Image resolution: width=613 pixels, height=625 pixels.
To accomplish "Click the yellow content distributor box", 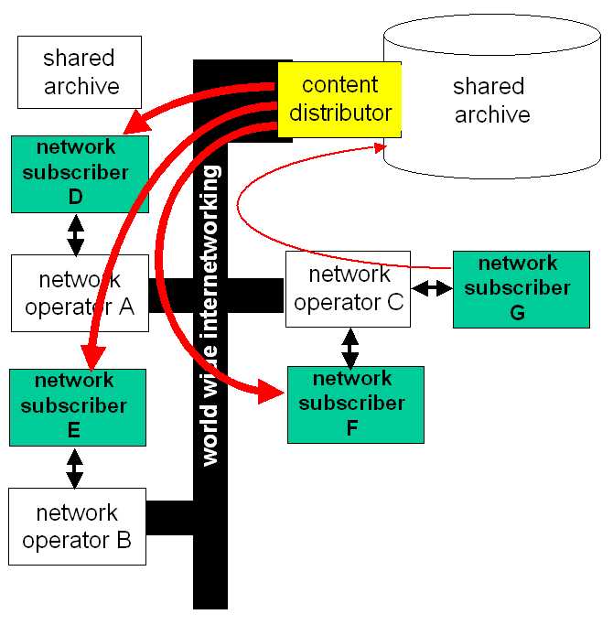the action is (339, 100).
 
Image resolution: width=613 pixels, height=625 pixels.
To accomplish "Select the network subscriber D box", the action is (80, 174).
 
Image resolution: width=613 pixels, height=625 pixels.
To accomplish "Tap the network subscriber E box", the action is (78, 407).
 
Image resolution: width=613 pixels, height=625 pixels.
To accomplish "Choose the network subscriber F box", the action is (356, 404).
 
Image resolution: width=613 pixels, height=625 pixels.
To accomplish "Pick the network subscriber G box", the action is (522, 289).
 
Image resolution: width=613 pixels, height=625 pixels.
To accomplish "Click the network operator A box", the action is (80, 294).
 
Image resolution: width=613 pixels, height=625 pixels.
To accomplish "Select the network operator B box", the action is (78, 526).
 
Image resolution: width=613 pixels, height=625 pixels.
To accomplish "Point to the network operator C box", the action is (348, 289).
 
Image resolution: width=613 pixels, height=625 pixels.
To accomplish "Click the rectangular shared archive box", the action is (80, 72).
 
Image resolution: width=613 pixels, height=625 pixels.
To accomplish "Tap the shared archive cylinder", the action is (492, 96).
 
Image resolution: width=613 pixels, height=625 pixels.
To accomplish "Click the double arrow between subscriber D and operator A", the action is (75, 235).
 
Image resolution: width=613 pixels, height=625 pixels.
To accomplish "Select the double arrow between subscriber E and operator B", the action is (74, 469).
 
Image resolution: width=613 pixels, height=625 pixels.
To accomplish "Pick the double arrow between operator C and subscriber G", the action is (432, 288).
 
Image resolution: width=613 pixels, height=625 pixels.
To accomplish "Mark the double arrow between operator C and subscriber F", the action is (350, 348).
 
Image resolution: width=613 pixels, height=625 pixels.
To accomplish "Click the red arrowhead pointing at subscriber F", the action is (271, 392).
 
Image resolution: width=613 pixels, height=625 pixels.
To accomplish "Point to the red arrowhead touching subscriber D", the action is (136, 123).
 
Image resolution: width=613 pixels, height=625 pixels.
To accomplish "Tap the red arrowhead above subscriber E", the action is (93, 358).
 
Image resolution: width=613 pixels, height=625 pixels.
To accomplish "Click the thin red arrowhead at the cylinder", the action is (380, 147).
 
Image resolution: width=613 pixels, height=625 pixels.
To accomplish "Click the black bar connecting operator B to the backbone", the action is (170, 518).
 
